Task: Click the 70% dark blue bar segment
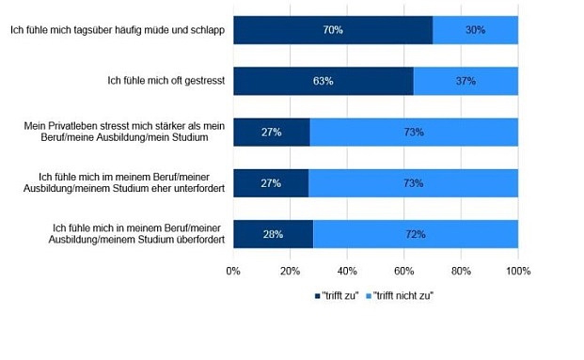(x=333, y=30)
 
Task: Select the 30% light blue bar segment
(x=475, y=30)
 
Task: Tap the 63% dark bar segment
(x=323, y=81)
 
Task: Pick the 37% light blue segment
(x=466, y=81)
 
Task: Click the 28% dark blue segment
(x=273, y=233)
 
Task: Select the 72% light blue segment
(x=415, y=233)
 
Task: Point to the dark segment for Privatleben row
(x=271, y=132)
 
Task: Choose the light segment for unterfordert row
(x=413, y=182)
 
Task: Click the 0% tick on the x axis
(x=234, y=271)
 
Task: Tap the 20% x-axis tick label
(x=291, y=271)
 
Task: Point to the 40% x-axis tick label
(x=347, y=271)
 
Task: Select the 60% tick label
(x=404, y=271)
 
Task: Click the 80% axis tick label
(x=461, y=271)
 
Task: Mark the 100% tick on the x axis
(x=518, y=271)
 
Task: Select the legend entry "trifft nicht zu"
(x=402, y=295)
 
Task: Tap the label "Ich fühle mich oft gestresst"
(x=166, y=81)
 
